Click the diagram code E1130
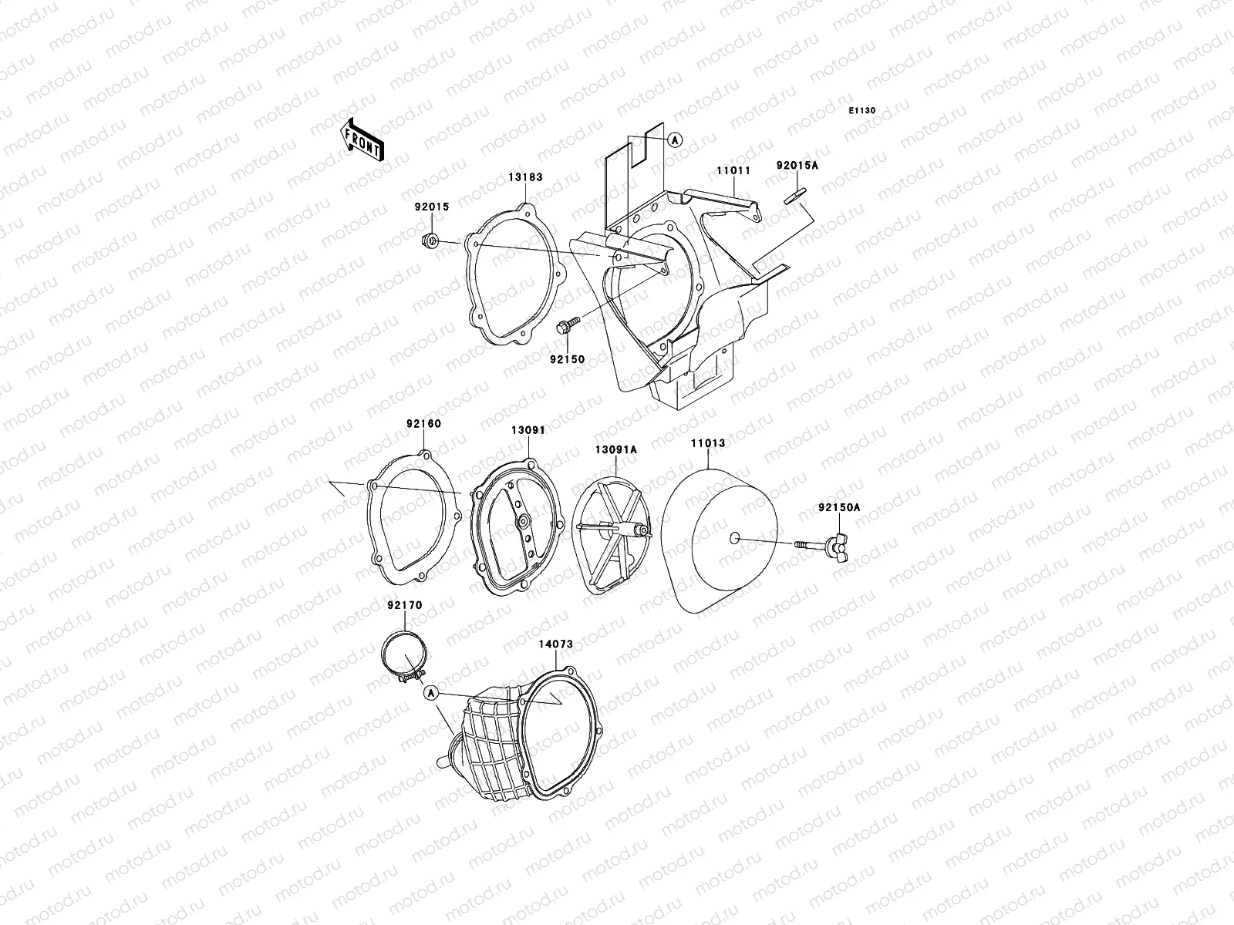tap(862, 111)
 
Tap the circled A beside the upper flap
tap(674, 140)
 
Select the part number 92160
tap(424, 424)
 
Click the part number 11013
tap(708, 444)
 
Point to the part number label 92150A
tap(839, 508)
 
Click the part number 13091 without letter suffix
tap(528, 430)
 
